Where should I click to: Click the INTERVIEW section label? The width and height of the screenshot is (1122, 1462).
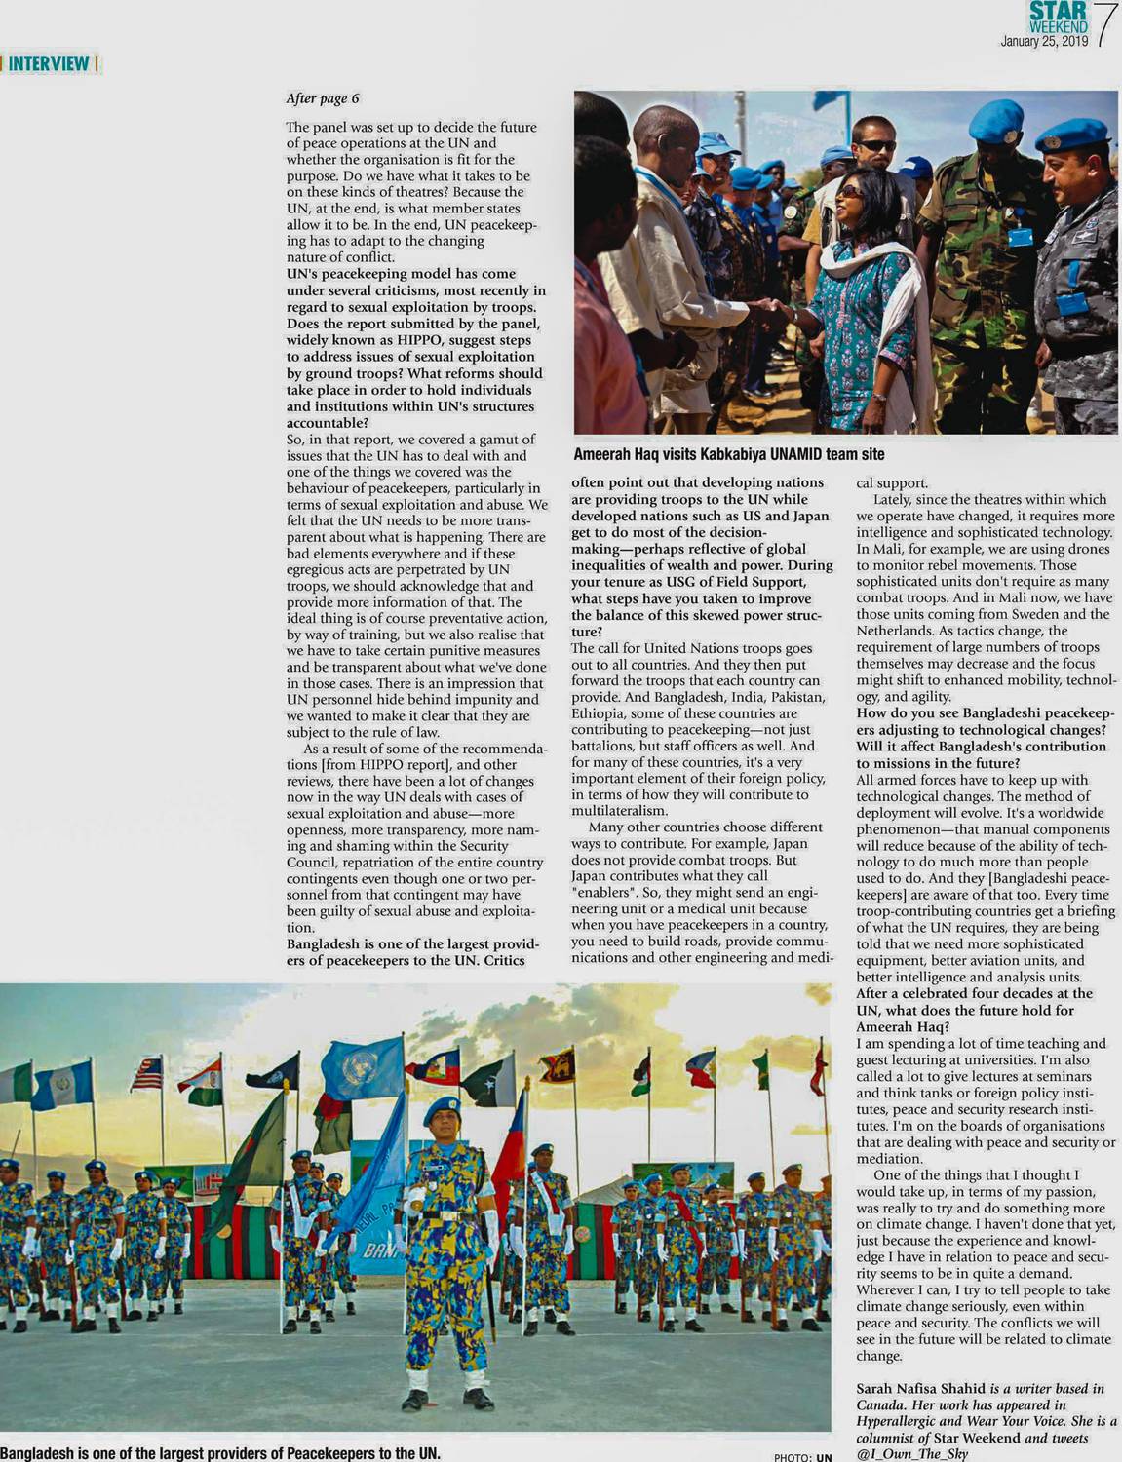(x=50, y=64)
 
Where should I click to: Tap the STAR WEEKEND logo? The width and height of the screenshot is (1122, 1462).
(x=1058, y=18)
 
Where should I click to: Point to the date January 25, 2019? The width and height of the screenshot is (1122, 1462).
(x=1043, y=42)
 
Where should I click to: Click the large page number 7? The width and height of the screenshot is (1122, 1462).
(x=1105, y=25)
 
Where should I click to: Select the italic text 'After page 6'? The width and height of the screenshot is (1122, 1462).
(x=323, y=98)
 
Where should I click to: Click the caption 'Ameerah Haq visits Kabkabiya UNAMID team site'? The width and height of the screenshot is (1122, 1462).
(x=728, y=454)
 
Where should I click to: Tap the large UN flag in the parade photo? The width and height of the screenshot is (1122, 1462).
(x=362, y=1068)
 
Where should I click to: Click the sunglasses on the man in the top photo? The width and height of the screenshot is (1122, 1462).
(x=876, y=146)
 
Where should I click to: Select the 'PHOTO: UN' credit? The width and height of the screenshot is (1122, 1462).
(x=803, y=1457)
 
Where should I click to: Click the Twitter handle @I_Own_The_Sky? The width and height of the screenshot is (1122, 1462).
(x=912, y=1453)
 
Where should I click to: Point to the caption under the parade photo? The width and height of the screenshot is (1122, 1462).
(x=220, y=1451)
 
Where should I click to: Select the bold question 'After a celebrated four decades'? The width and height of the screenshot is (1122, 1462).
(x=974, y=1010)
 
